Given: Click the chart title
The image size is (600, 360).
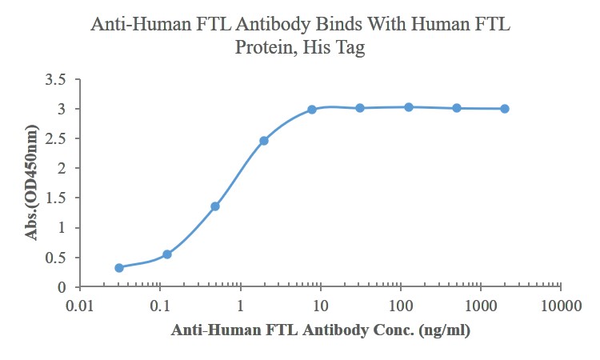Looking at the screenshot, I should pos(300,35).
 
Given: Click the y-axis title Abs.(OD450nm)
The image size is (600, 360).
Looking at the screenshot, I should pos(33,183).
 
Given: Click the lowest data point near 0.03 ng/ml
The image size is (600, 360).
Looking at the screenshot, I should pos(119,268).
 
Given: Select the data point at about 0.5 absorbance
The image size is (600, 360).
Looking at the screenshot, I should pos(167,254).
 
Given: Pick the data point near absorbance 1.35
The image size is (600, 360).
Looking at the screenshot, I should pos(215,206).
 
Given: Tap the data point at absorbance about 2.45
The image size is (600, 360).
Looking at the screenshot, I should pos(264,141).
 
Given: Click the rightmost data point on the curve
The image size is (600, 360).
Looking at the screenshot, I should pos(505,109).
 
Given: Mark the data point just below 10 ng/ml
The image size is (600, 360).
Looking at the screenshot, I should pos(312,110).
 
